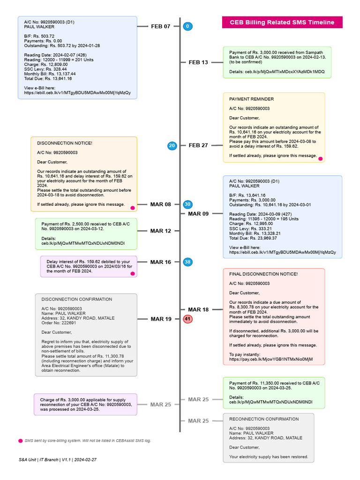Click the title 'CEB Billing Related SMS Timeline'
tap(282, 22)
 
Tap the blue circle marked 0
tap(187, 26)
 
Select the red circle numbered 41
tap(187, 319)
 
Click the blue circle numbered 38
tap(187, 262)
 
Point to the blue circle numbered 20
tap(172, 146)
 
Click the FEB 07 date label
tap(161, 26)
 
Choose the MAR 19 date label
tap(161, 319)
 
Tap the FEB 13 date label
tap(198, 62)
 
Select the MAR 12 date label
tap(161, 231)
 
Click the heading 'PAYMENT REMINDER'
tap(251, 99)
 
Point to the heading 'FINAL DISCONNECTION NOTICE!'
tap(263, 274)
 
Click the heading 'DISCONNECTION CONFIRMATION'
tap(77, 299)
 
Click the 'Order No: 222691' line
tap(59, 322)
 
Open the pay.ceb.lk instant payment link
tap(270, 359)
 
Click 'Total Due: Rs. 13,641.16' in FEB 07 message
tap(48, 79)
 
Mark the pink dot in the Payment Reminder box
tap(321, 159)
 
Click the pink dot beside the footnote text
tap(20, 441)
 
